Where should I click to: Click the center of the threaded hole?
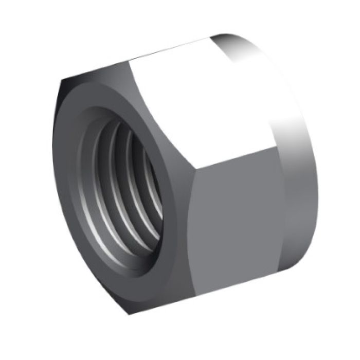tap(126, 193)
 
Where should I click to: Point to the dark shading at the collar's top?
tap(226, 41)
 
